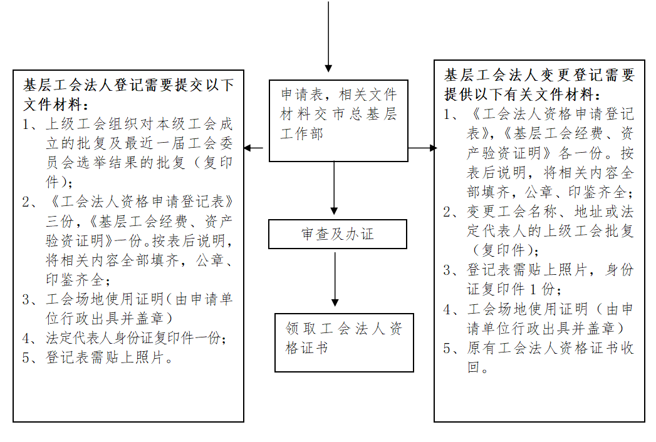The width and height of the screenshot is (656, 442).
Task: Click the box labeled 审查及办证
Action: pyautogui.click(x=338, y=234)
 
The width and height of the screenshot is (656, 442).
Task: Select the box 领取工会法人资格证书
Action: pyautogui.click(x=344, y=341)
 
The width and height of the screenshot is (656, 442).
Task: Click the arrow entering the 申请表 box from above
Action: pyautogui.click(x=328, y=38)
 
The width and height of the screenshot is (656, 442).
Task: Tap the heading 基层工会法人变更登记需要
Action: pyautogui.click(x=539, y=75)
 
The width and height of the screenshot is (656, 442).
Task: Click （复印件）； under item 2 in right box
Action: pyautogui.click(x=507, y=250)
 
